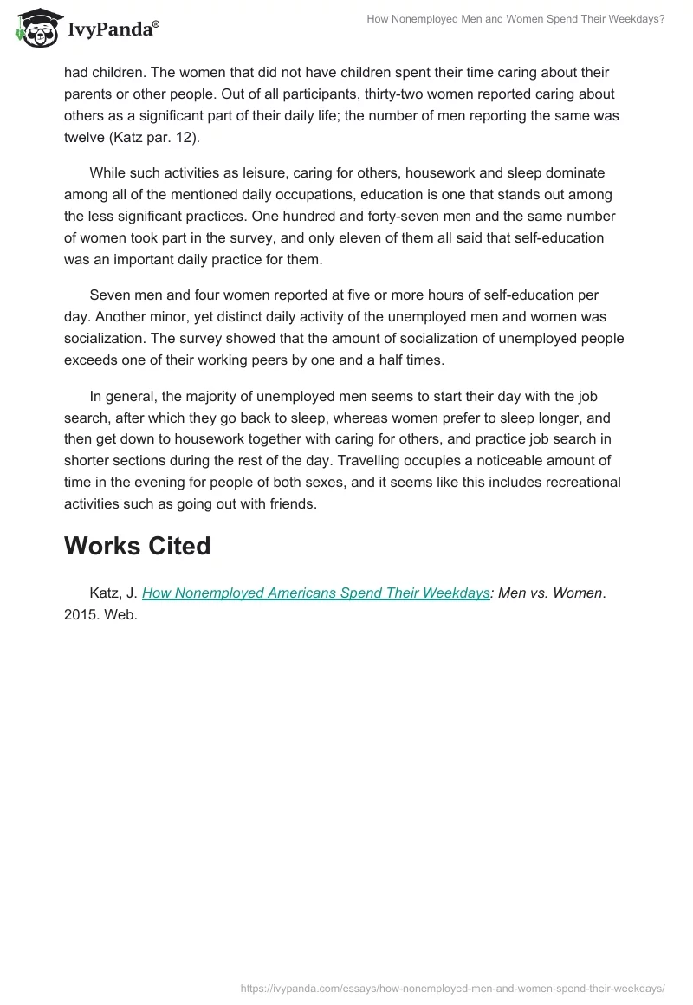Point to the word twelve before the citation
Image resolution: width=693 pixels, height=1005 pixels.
click(x=84, y=135)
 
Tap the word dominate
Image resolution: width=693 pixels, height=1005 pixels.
click(x=575, y=173)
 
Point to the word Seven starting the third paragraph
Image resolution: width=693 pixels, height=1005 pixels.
click(x=110, y=295)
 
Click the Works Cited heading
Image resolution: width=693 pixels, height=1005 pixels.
click(x=137, y=546)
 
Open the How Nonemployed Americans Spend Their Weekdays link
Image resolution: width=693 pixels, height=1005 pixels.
click(x=315, y=593)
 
